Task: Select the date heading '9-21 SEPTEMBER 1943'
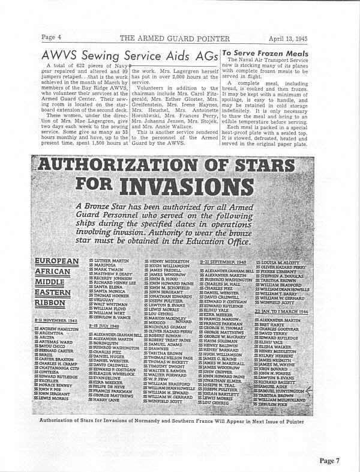point(224,262)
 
